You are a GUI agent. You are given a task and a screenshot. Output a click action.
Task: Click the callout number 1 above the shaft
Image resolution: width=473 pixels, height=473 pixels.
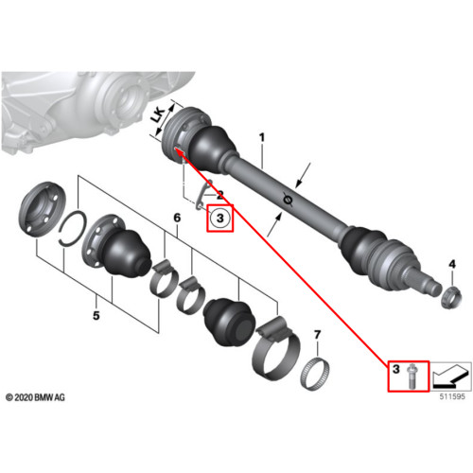point(262,137)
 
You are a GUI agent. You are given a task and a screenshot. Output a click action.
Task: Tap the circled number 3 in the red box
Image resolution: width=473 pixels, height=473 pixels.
point(219,218)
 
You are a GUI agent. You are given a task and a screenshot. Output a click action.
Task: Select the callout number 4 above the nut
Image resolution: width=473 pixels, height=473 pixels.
point(452,264)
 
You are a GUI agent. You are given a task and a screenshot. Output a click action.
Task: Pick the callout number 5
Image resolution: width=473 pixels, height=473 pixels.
point(96,315)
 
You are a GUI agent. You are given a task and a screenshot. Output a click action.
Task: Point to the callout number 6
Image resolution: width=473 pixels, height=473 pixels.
point(177,218)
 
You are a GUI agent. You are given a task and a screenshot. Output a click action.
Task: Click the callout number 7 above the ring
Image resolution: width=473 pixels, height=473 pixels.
point(317,335)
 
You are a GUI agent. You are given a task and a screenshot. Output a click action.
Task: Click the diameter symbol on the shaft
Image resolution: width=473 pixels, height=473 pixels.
point(287,200)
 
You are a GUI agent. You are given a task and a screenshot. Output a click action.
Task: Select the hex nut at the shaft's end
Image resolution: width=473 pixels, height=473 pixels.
point(450,296)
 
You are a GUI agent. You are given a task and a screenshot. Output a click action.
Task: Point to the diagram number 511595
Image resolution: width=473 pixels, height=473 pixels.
point(452,396)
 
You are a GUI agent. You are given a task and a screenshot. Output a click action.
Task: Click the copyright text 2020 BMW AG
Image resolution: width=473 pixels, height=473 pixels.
point(35,397)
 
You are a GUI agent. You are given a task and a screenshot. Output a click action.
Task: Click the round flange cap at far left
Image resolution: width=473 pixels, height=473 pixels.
point(43,209)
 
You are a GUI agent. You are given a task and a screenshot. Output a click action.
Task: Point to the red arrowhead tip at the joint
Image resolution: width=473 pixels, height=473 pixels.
point(175,149)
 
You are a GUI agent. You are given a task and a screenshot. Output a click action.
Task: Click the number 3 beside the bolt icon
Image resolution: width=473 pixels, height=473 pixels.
point(396,369)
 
